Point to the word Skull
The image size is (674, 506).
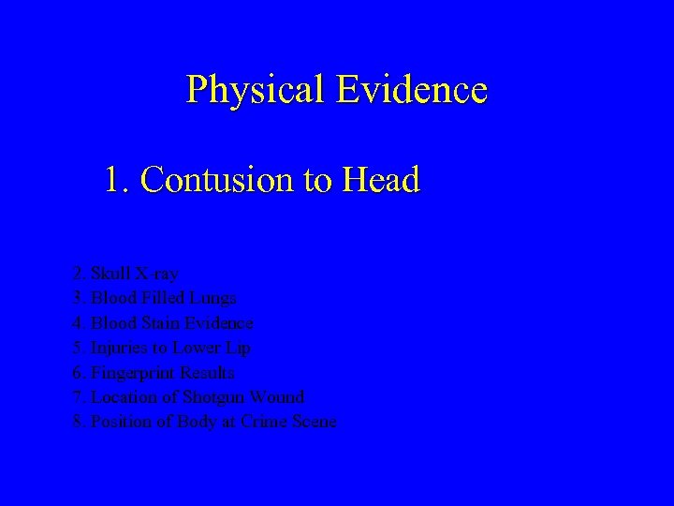(x=110, y=274)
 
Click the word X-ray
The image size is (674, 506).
(x=156, y=274)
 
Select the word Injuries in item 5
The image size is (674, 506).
(x=120, y=348)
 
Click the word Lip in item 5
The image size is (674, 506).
(x=238, y=348)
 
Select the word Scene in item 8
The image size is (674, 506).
(x=314, y=422)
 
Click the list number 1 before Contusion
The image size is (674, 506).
(x=115, y=179)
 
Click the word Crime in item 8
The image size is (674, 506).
(x=263, y=422)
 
